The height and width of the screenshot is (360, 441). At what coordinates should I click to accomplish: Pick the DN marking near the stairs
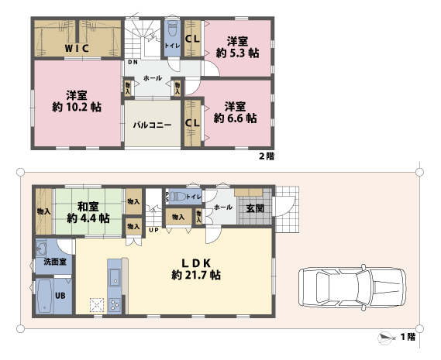coord(133,63)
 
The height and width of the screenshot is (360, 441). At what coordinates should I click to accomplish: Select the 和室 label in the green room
coord(88,207)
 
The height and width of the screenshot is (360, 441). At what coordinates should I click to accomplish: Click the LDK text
coord(197,261)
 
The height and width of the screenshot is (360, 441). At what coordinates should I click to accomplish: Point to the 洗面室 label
coord(53,262)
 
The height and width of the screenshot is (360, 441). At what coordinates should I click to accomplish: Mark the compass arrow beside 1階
coord(385,337)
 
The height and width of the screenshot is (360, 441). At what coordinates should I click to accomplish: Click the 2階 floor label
coord(266,156)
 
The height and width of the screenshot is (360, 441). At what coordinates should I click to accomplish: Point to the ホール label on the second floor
coord(153,78)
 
